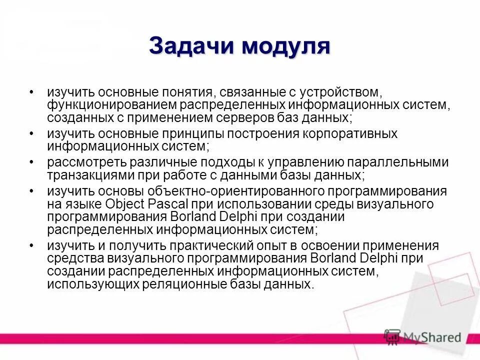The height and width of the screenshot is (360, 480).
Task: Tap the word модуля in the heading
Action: point(286,47)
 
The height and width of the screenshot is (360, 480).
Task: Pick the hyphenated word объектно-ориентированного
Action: point(234,191)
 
